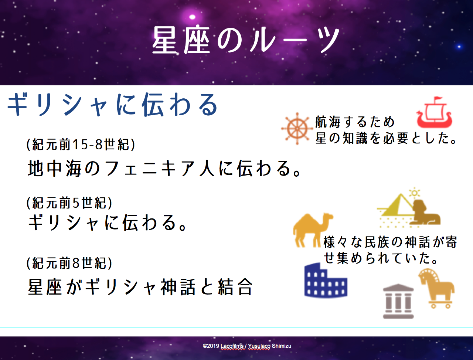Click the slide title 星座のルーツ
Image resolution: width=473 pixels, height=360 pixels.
[246, 40]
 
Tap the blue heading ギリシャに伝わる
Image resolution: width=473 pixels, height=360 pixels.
[112, 105]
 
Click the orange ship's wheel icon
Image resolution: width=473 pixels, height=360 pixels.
[297, 129]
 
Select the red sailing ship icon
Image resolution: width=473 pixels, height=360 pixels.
[434, 112]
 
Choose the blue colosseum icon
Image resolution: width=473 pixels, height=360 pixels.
[326, 280]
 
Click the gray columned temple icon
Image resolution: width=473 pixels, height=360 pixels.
[398, 301]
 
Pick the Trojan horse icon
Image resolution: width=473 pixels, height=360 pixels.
[436, 288]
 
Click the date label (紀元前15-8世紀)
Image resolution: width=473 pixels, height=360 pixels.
[81, 145]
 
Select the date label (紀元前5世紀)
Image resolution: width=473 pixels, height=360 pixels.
[69, 203]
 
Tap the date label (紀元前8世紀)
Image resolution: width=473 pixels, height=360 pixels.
[69, 263]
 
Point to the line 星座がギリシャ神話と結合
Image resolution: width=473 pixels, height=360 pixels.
[140, 287]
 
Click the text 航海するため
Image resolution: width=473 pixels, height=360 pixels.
[355, 122]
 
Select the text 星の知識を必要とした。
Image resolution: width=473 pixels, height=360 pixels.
[386, 138]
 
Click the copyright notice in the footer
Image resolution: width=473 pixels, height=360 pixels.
[247, 346]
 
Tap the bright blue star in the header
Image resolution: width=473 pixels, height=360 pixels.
[459, 47]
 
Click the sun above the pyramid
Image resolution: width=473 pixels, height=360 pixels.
[414, 193]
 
